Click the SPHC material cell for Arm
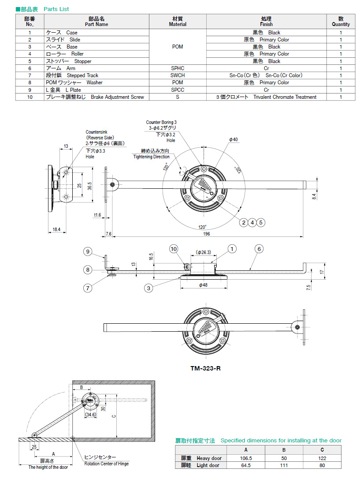(178, 68)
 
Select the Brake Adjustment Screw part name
(95, 97)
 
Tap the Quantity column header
(341, 22)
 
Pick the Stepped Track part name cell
(73, 75)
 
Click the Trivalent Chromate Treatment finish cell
(266, 97)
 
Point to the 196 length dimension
(206, 234)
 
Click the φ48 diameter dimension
(203, 285)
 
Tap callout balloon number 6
(259, 249)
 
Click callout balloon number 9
(88, 251)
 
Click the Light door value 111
(284, 465)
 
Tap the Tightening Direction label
(152, 157)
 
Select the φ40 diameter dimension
(233, 139)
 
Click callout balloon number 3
(150, 288)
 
